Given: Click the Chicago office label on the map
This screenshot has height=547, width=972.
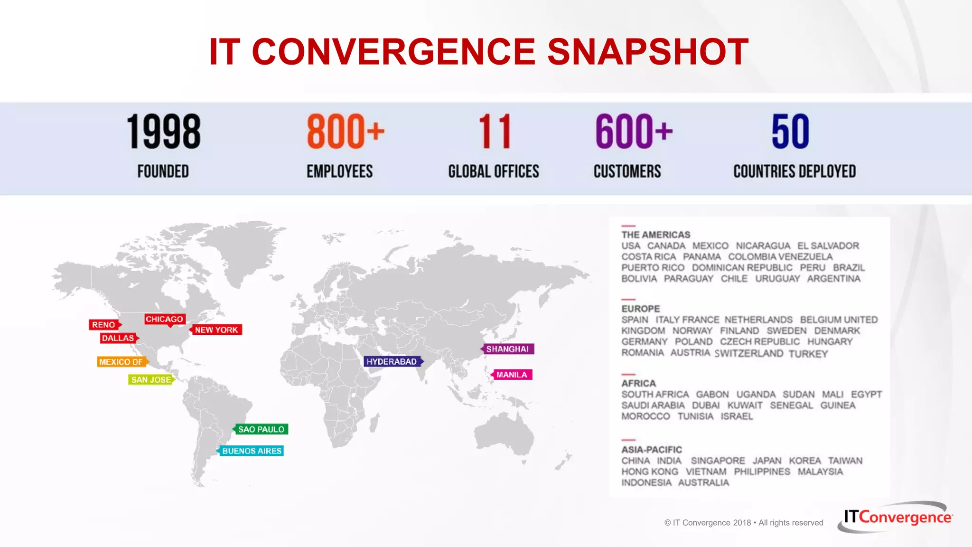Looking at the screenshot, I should pos(164,319).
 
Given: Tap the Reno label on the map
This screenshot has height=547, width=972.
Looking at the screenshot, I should pos(104,325).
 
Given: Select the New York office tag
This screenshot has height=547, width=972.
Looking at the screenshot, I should pos(216,330).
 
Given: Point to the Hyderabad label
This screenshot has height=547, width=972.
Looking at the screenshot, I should pos(392,361).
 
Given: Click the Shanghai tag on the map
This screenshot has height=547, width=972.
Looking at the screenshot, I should pos(507,349).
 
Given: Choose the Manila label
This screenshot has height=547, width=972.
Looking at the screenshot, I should pos(512,375).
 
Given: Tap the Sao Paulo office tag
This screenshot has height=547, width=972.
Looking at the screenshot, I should pos(261,429).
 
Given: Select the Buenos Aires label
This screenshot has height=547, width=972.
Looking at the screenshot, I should pos(252,451).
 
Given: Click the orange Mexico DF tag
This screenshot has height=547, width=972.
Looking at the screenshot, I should pos(121,362).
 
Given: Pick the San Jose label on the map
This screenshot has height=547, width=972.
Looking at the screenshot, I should pos(151,379).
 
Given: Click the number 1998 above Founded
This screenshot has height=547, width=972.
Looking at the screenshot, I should pos(163,132).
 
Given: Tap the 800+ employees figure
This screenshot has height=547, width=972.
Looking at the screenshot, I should pos(345,132).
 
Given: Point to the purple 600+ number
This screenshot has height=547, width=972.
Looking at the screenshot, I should pos(634,132).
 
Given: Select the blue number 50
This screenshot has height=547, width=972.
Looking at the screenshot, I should pos(790,132).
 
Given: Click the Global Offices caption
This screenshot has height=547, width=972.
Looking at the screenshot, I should pos(494,171).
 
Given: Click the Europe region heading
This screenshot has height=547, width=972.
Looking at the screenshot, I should pos(641,309).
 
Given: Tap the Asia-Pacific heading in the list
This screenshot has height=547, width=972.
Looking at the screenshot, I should pos(652,450).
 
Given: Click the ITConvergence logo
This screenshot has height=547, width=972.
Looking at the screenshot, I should pos(897,517).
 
